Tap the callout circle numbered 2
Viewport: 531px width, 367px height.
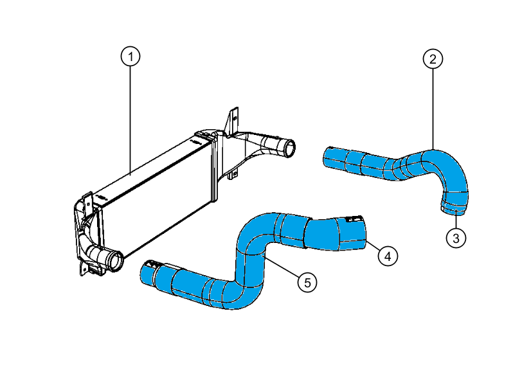click(x=433, y=59)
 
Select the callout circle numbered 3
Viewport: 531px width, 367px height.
click(x=456, y=238)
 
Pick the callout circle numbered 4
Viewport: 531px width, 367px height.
click(x=386, y=256)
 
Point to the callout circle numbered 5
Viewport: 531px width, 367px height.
click(x=307, y=282)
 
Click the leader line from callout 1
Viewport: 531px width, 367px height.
click(x=130, y=116)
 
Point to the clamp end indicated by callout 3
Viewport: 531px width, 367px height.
click(x=455, y=207)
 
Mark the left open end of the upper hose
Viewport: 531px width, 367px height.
click(x=326, y=156)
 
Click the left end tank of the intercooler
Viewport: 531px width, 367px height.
click(x=87, y=225)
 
